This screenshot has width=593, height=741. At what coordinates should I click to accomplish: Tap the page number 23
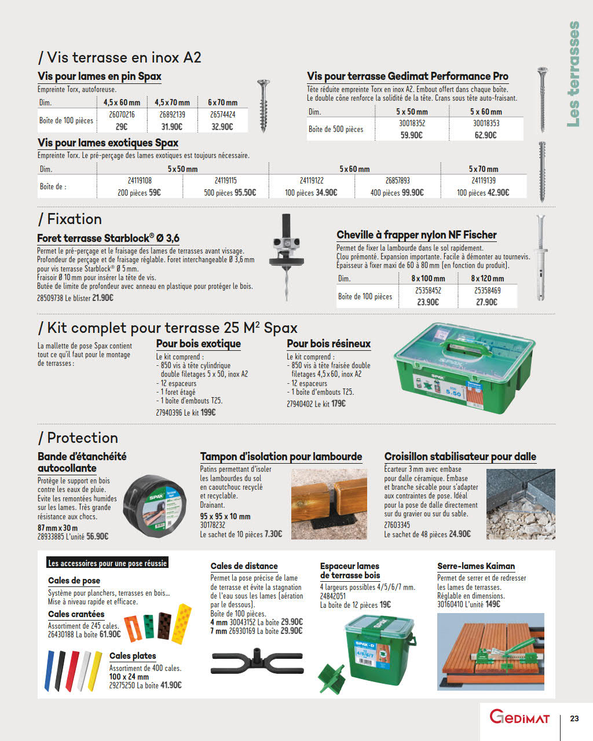tap(574, 718)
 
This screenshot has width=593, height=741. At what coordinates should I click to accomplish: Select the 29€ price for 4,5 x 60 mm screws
tap(121, 127)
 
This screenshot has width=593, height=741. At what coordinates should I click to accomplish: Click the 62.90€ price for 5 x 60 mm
tap(485, 135)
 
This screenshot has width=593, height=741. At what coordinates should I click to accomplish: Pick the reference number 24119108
tap(140, 181)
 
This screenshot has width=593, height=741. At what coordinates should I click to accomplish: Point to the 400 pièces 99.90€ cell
tap(397, 193)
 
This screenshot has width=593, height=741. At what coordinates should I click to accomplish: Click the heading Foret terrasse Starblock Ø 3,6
tap(108, 238)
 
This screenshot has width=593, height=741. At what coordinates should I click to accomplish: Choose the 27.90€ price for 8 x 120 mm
tap(486, 302)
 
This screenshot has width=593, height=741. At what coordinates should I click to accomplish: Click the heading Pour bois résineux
tap(328, 344)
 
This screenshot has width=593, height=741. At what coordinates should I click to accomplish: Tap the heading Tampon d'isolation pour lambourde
tap(281, 457)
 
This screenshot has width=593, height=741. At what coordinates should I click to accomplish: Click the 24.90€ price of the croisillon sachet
tap(460, 534)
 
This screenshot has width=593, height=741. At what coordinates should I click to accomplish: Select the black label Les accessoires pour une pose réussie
tap(107, 563)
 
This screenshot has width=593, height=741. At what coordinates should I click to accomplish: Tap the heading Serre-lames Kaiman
tap(476, 566)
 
